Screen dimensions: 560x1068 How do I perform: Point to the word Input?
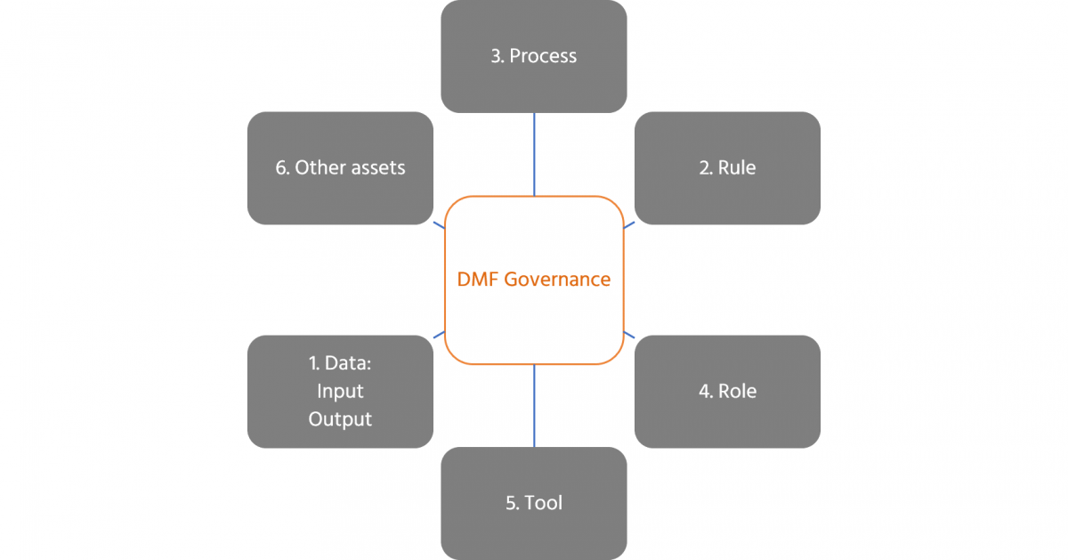click(340, 391)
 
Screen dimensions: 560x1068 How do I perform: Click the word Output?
click(340, 418)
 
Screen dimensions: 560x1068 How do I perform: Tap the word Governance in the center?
click(557, 280)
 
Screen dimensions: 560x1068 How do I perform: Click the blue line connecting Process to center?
click(534, 153)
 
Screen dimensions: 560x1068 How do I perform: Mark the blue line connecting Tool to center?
click(534, 405)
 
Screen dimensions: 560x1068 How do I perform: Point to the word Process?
click(543, 56)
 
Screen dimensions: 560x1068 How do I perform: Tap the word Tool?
click(544, 503)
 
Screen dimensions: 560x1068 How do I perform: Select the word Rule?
click(738, 167)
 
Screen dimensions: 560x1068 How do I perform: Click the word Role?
click(737, 391)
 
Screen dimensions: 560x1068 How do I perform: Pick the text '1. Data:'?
click(340, 363)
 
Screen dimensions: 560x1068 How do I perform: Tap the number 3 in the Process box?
click(496, 56)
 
